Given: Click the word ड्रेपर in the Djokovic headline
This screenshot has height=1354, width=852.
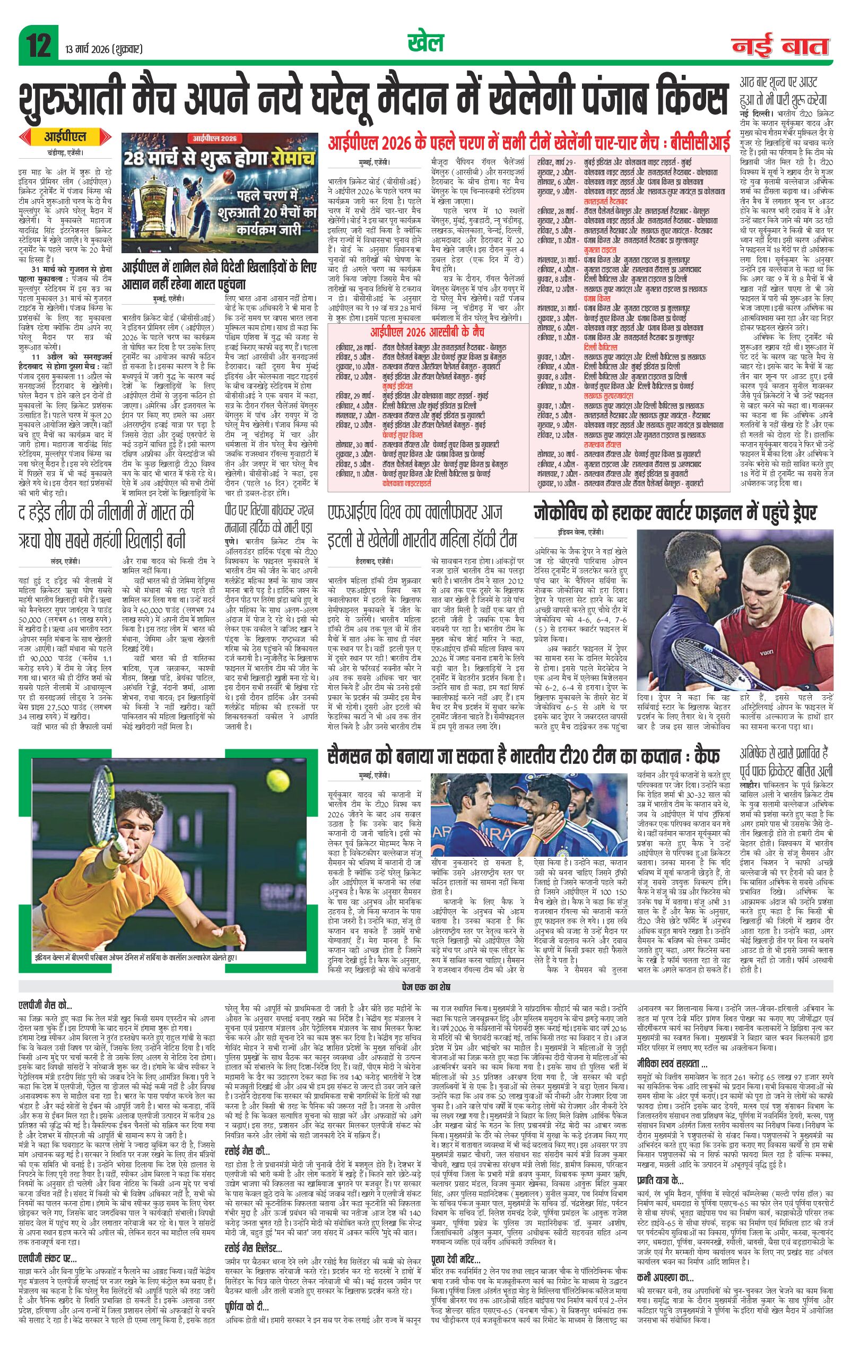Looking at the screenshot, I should (x=791, y=513).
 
